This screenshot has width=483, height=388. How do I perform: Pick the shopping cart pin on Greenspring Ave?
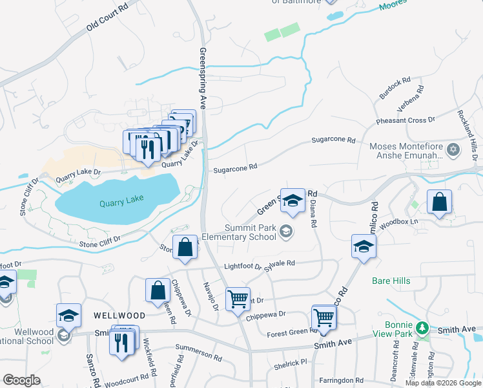click(x=238, y=299)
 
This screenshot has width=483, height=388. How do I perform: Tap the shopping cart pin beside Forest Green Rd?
click(x=324, y=317)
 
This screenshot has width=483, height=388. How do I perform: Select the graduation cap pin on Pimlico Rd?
click(x=364, y=246)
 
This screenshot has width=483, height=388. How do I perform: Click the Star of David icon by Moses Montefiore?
click(x=453, y=151)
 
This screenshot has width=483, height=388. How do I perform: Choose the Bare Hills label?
click(x=391, y=281)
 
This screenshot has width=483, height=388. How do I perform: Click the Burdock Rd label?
click(x=395, y=89)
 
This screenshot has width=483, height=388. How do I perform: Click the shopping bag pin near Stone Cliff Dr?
click(x=185, y=248)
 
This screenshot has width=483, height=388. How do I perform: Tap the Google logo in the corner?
click(x=22, y=380)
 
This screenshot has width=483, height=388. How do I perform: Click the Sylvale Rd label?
click(x=281, y=263)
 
